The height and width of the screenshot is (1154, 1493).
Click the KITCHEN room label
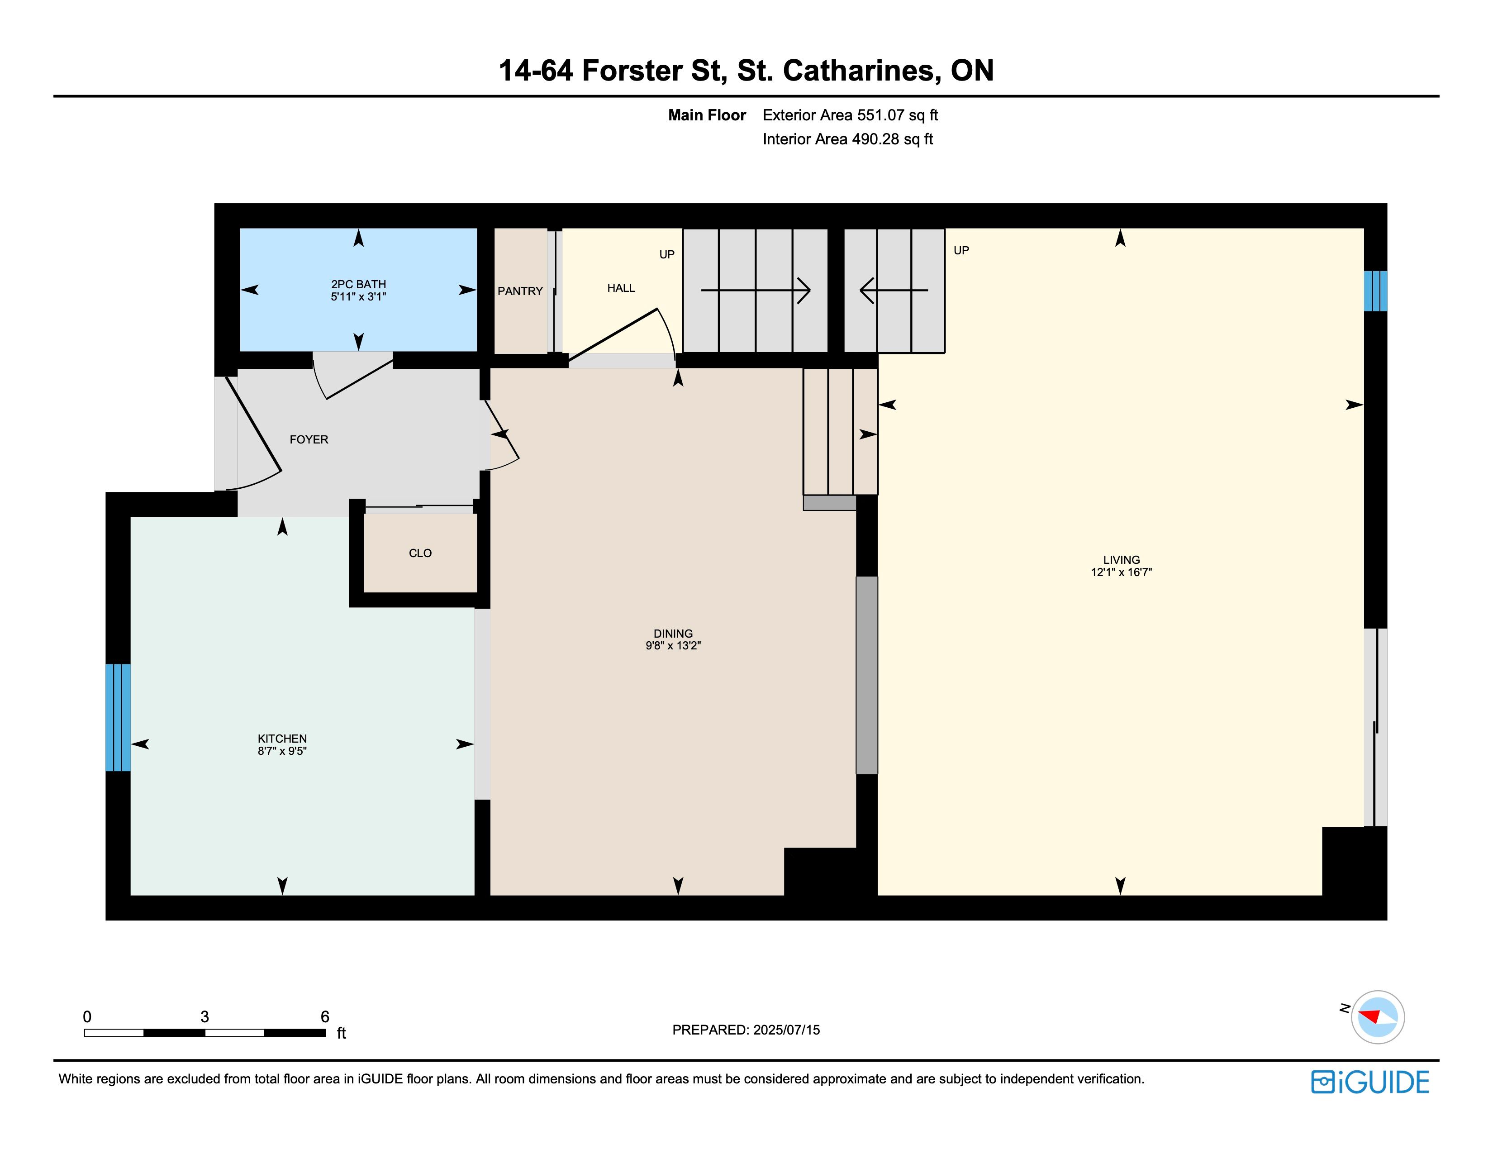pos(282,739)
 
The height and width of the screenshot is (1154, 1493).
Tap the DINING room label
pos(673,634)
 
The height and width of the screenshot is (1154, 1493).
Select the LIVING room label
pos(1121,560)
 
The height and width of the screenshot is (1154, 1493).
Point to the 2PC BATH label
pos(358,284)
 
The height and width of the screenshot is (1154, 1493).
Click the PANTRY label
pos(520,291)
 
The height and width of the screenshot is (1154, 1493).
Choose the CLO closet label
pos(420,553)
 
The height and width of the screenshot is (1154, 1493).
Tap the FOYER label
pos(309,439)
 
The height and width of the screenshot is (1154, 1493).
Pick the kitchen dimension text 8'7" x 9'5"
pos(282,751)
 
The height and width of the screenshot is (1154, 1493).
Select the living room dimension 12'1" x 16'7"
pos(1121,572)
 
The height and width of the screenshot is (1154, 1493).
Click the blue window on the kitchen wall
pos(118,717)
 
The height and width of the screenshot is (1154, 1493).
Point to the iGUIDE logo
pos(1370,1082)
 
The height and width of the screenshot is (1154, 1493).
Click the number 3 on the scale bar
pos(204,1016)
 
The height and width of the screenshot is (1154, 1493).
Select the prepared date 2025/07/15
pos(786,1030)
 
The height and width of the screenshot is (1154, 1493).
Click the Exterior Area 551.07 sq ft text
pos(851,115)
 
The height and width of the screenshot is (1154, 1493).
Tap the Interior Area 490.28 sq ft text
pos(848,139)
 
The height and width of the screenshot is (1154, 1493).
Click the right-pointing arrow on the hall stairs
pos(756,291)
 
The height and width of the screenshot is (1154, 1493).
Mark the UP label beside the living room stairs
pos(961,251)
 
